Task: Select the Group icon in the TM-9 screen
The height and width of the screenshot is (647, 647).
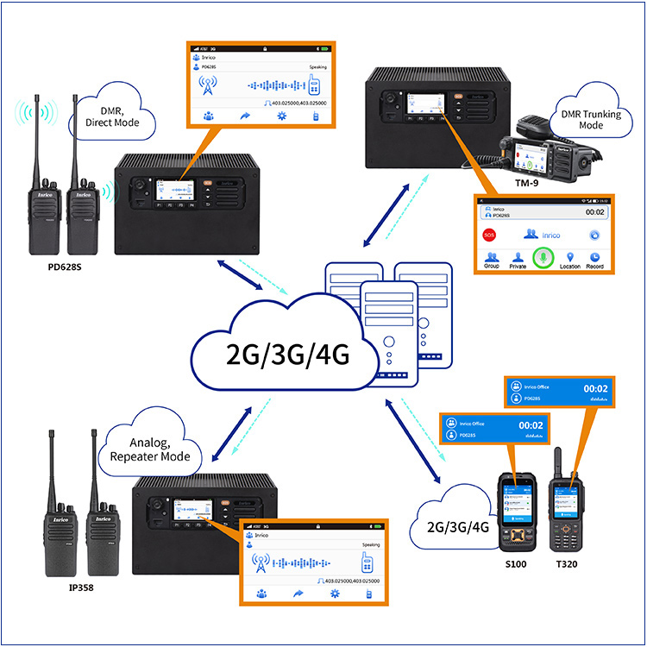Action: [492, 260]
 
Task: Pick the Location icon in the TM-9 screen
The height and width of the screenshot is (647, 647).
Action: [569, 260]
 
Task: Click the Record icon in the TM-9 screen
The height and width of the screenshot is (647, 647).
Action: [595, 260]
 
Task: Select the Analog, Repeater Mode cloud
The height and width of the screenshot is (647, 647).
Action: [155, 450]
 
